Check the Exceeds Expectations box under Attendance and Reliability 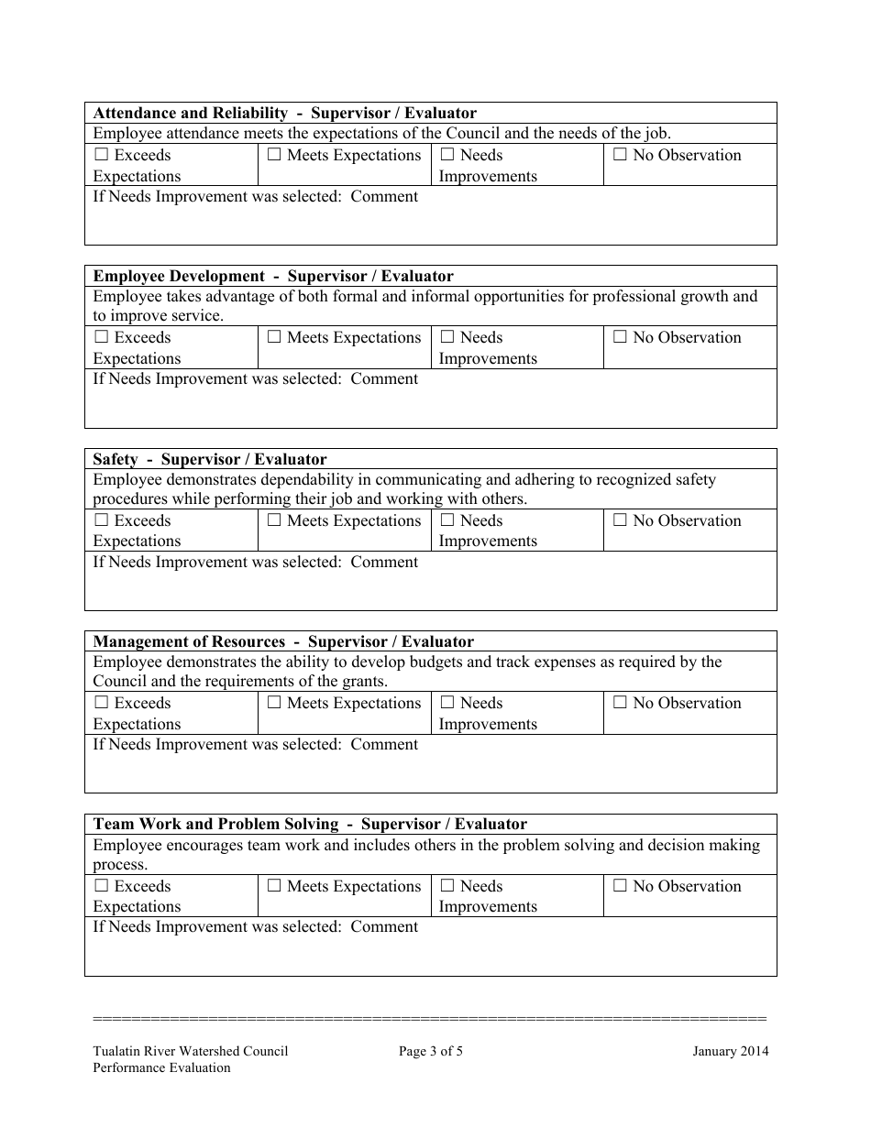(x=101, y=156)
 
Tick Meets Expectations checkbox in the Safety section (x=274, y=521)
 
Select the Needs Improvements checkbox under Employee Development (x=447, y=338)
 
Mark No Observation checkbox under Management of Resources (x=620, y=704)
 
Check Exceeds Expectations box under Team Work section (x=101, y=887)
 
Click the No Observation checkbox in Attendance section (x=620, y=156)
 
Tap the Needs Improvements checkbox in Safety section (x=447, y=521)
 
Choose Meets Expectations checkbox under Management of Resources (x=274, y=704)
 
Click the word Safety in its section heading (x=115, y=459)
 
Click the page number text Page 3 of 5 (x=431, y=1051)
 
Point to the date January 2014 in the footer (x=731, y=1051)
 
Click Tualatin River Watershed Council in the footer (x=191, y=1051)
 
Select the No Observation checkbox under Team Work (x=620, y=887)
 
